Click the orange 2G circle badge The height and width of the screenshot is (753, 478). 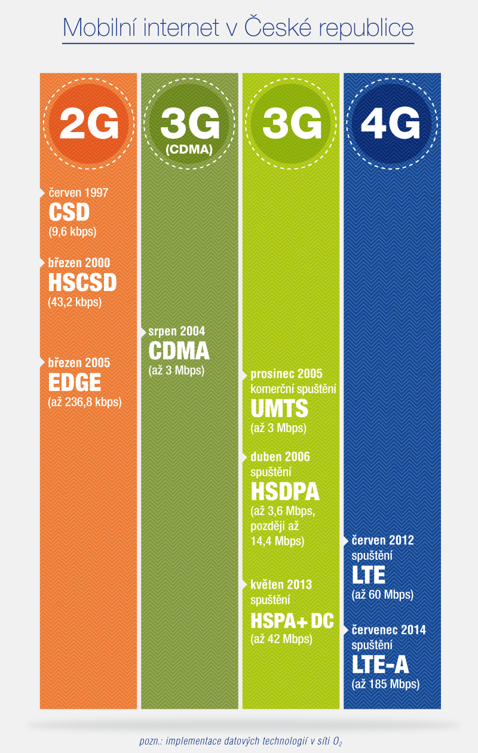(89, 123)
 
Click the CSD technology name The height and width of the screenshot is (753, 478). (69, 212)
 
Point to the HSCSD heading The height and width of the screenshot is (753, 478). (82, 282)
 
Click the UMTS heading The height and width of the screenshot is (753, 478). (280, 409)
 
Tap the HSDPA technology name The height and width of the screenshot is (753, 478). (285, 492)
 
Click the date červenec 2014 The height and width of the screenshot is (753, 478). (388, 630)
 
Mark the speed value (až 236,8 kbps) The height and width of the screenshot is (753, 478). (85, 402)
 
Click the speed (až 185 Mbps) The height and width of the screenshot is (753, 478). (386, 684)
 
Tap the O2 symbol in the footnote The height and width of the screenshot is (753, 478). (338, 741)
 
